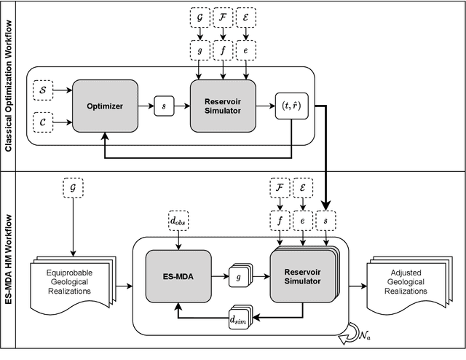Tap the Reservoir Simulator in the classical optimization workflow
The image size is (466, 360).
[x=224, y=106]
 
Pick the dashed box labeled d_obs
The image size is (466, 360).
[x=178, y=219]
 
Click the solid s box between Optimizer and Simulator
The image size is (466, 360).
[x=164, y=106]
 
